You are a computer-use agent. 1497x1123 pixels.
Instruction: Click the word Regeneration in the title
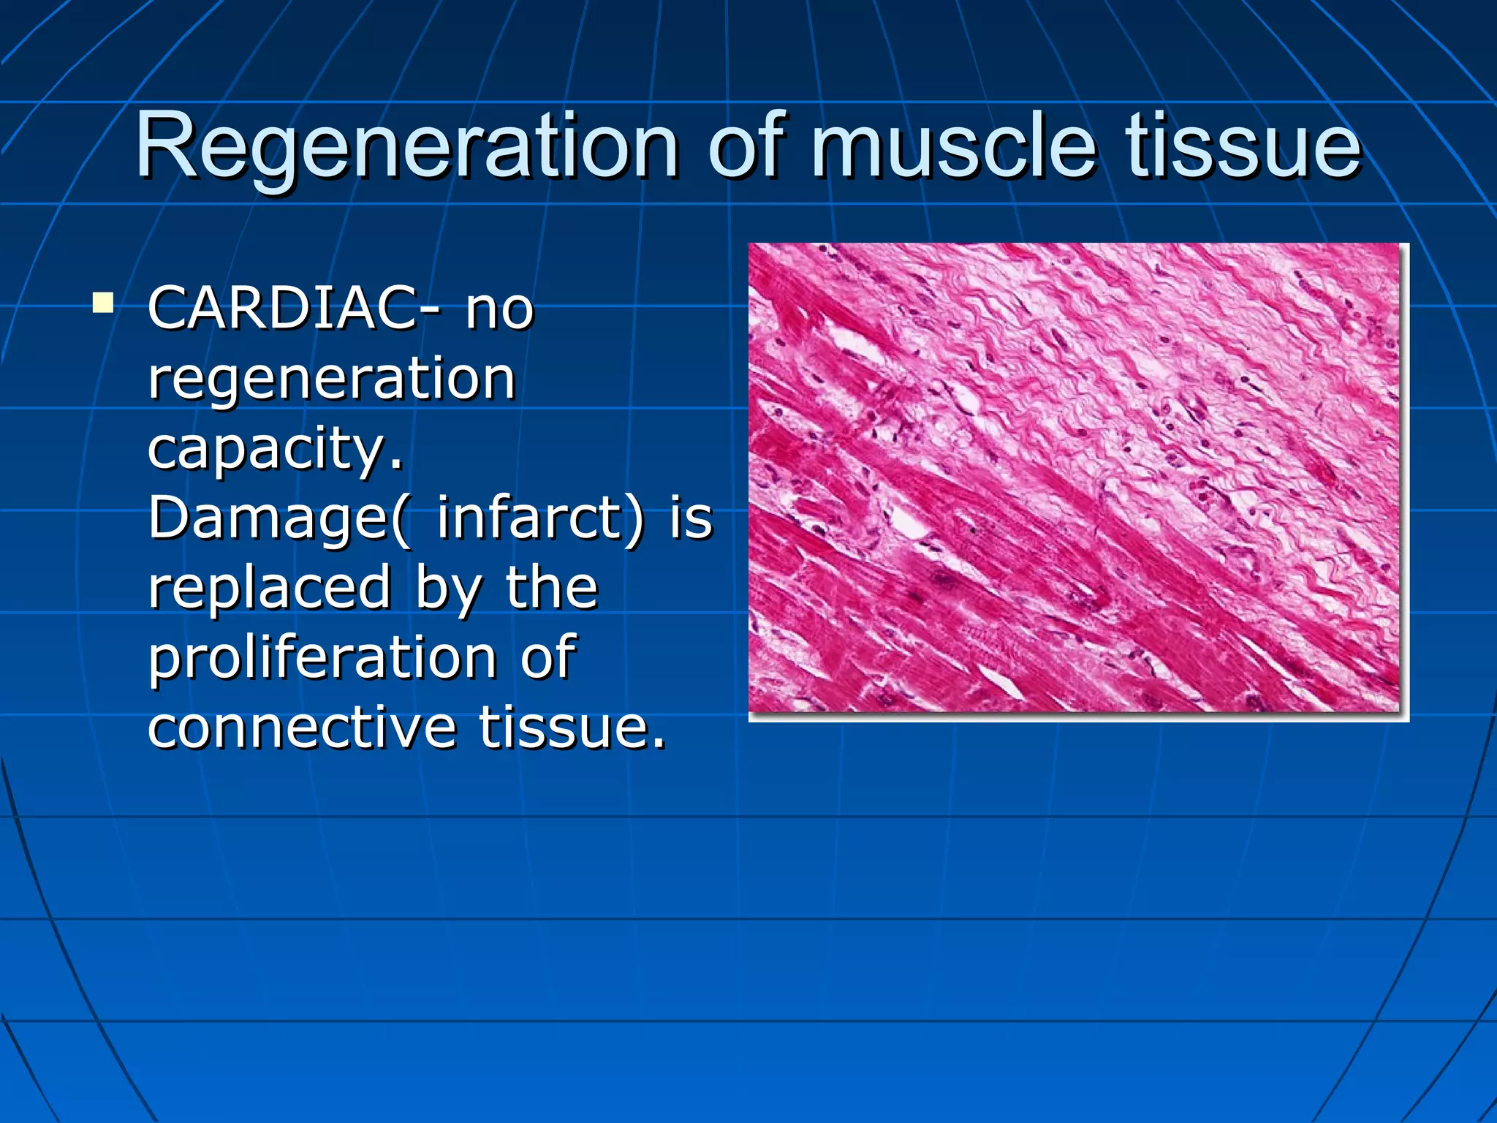pos(406,146)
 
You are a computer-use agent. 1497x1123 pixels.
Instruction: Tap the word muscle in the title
pos(954,146)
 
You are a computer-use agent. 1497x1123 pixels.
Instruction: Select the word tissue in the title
pos(1243,146)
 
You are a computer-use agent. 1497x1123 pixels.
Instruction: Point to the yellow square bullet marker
pos(103,303)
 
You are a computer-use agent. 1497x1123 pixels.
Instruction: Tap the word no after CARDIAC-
pos(500,308)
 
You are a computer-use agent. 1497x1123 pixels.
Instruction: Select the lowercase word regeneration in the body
pos(332,379)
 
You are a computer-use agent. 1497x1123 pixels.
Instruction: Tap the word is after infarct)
pos(691,516)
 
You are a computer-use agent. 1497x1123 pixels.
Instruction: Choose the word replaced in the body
pos(270,587)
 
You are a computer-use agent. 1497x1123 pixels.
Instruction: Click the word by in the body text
pos(448,587)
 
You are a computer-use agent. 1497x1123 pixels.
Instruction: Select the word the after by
pos(552,587)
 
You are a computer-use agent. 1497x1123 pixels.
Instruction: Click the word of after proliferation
pos(548,656)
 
